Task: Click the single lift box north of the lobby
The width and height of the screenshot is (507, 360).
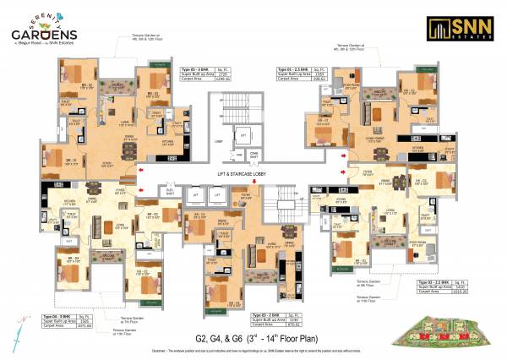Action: coord(243,135)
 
